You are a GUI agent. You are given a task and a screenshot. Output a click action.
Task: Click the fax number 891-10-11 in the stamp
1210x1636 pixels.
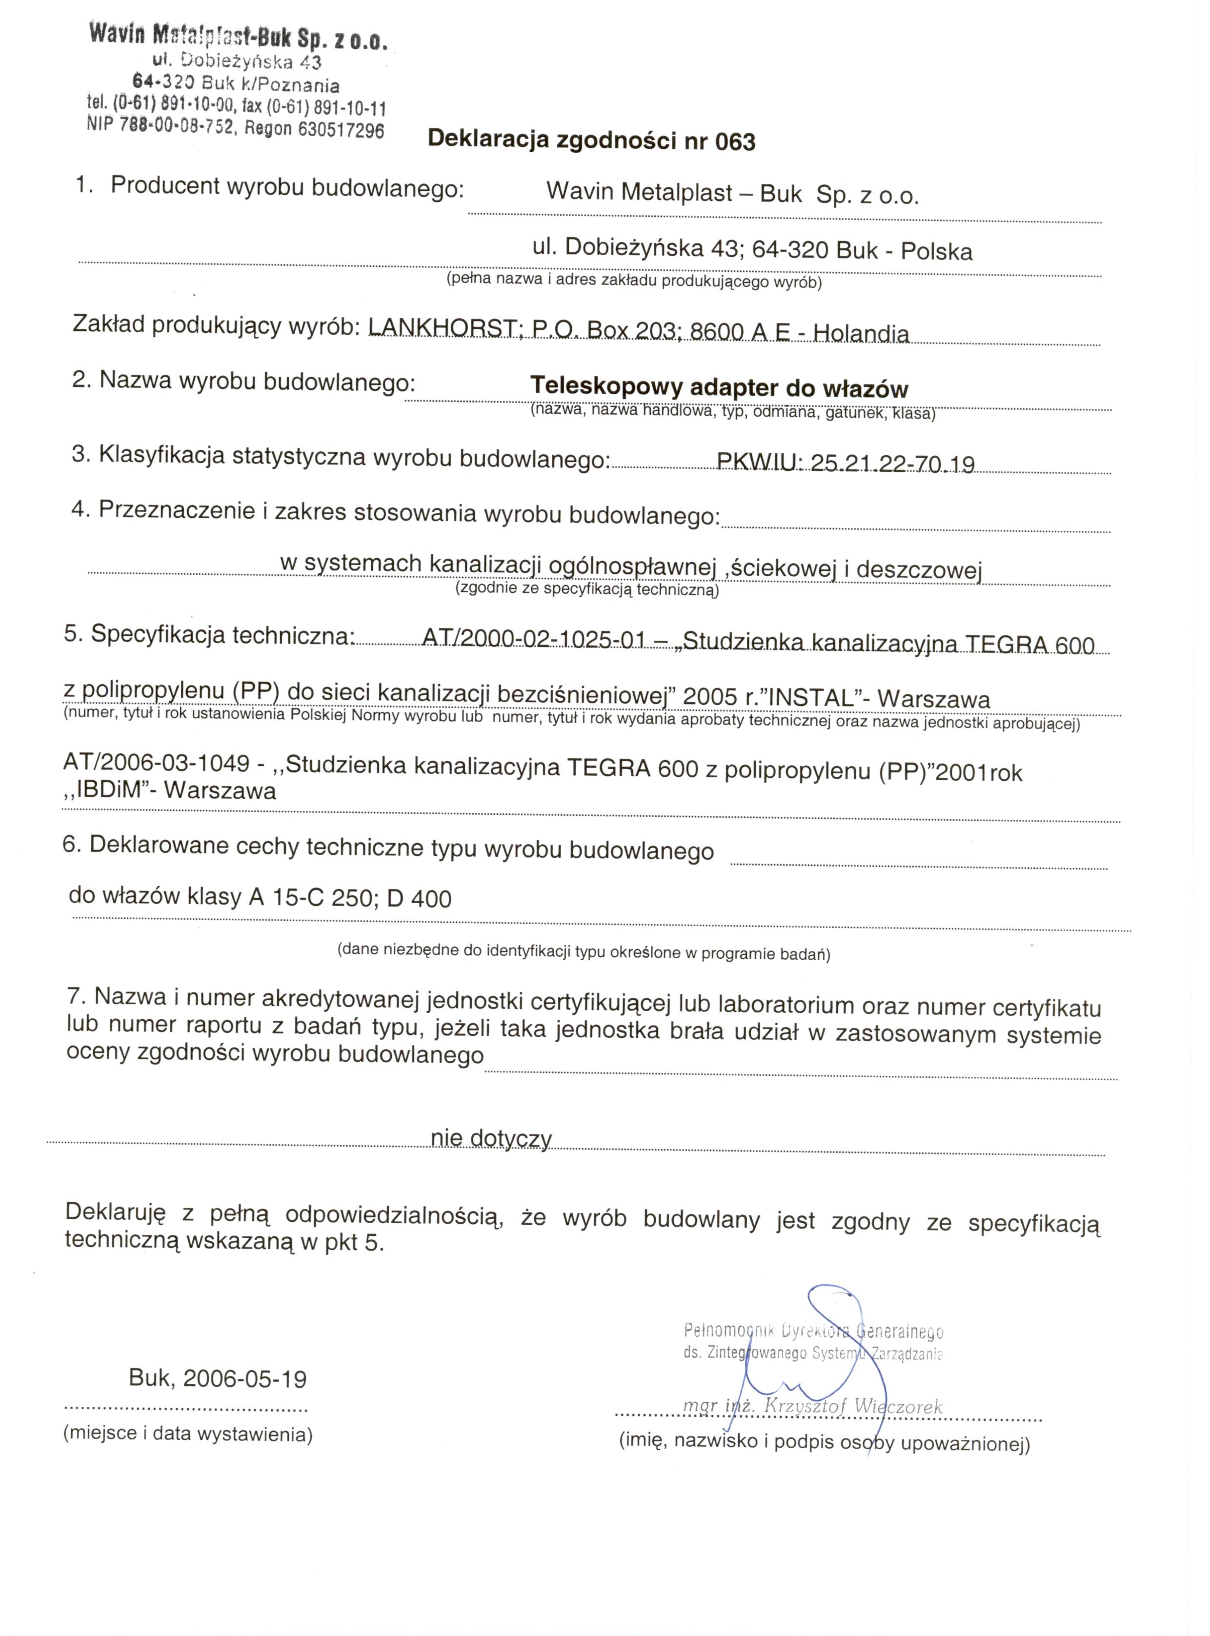pyautogui.click(x=349, y=108)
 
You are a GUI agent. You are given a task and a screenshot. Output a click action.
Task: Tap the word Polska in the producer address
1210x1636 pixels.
pyautogui.click(x=936, y=252)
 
